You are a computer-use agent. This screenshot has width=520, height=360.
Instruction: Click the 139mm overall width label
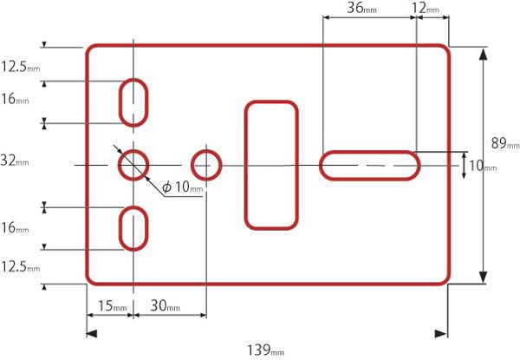pyautogui.click(x=265, y=350)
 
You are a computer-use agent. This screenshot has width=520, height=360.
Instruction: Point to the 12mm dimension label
pyautogui.click(x=426, y=8)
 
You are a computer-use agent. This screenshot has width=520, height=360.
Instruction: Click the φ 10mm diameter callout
pyautogui.click(x=182, y=187)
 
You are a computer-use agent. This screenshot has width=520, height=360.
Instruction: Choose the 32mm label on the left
pyautogui.click(x=15, y=160)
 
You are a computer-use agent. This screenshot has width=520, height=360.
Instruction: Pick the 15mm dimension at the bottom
pyautogui.click(x=113, y=306)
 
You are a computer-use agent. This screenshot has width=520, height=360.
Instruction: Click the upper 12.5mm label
pyautogui.click(x=20, y=66)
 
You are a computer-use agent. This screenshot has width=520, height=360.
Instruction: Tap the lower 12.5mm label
pyautogui.click(x=20, y=267)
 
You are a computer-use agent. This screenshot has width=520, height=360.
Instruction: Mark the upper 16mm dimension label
pyautogui.click(x=15, y=99)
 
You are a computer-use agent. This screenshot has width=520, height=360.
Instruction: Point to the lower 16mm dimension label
pyautogui.click(x=15, y=229)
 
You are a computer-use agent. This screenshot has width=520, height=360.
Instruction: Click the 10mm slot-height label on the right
pyautogui.click(x=482, y=166)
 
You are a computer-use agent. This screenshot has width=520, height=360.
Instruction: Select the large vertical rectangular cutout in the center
pyautogui.click(x=271, y=165)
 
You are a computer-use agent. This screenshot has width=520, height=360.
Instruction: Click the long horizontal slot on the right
pyautogui.click(x=371, y=164)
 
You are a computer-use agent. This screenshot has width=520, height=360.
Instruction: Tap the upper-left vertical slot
pyautogui.click(x=133, y=101)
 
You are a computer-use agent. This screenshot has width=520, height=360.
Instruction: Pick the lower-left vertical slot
pyautogui.click(x=133, y=228)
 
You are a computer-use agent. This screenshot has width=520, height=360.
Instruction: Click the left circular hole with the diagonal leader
pyautogui.click(x=133, y=163)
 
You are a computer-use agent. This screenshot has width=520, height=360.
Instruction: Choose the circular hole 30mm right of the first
pyautogui.click(x=205, y=163)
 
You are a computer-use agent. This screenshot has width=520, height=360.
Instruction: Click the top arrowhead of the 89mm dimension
pyautogui.click(x=483, y=55)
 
